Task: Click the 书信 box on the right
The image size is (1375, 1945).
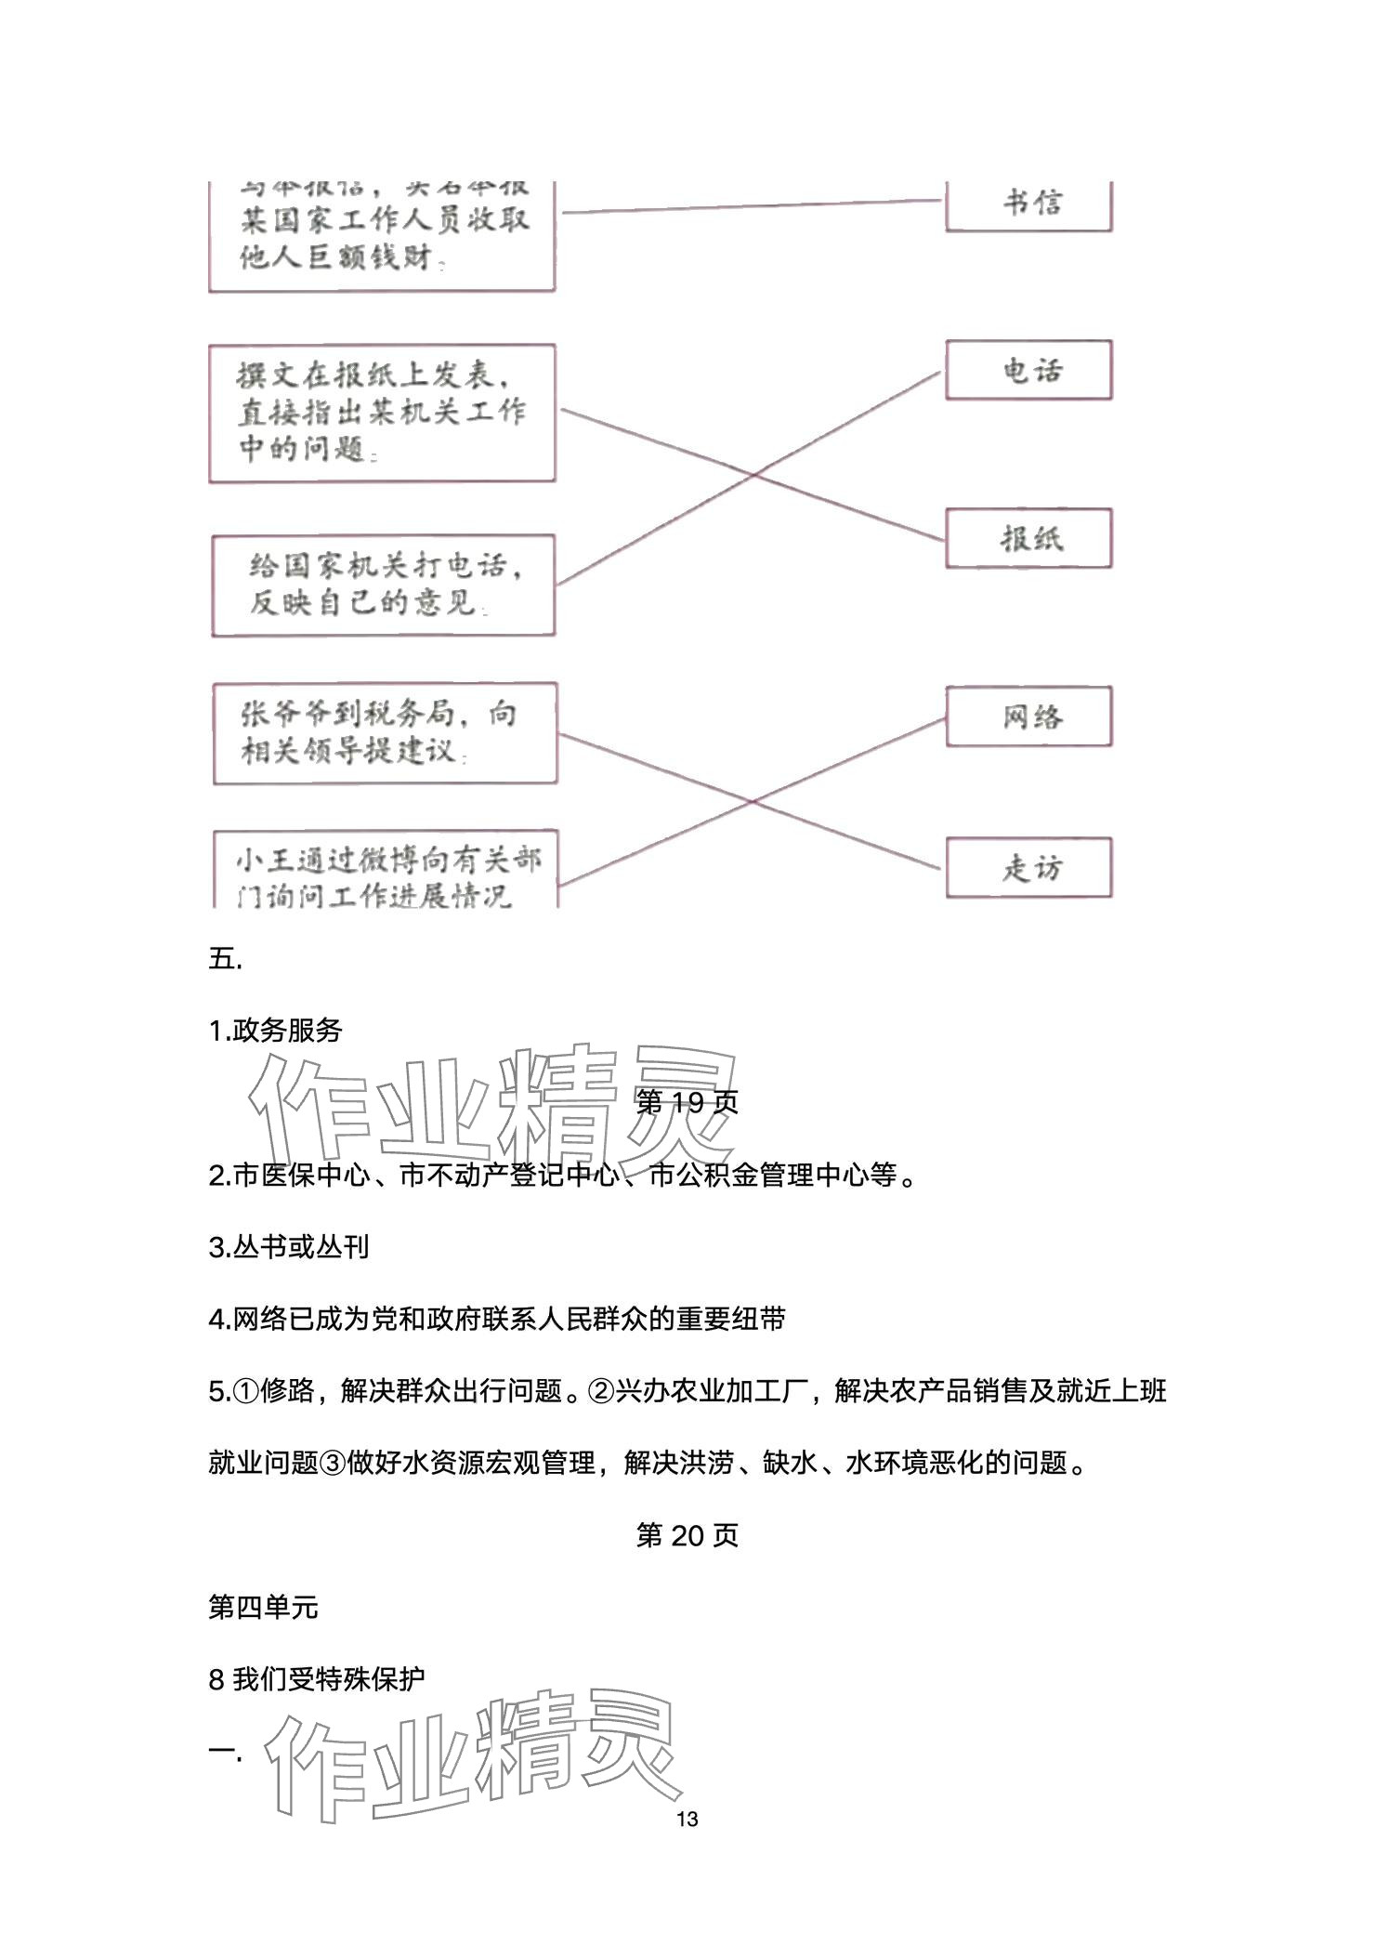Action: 1028,204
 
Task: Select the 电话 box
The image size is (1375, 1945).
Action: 1028,371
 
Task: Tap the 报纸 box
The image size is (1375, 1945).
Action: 1028,538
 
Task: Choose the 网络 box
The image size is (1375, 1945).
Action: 1028,716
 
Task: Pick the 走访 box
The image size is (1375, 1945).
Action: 1028,868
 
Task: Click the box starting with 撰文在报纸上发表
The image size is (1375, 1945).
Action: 382,414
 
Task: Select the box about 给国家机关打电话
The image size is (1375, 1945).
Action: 383,585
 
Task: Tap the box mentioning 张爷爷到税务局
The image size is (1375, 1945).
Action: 385,733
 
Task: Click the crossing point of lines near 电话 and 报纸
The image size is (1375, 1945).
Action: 753,476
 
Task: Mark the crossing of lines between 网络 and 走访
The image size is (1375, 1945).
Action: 753,801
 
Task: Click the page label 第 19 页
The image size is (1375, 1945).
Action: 687,1102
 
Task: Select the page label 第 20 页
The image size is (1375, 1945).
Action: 687,1535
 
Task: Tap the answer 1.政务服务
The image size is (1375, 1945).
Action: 276,1031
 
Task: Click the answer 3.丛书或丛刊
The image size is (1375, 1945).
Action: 289,1247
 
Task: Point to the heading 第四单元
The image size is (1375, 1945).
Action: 263,1607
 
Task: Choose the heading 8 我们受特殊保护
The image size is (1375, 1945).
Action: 317,1679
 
